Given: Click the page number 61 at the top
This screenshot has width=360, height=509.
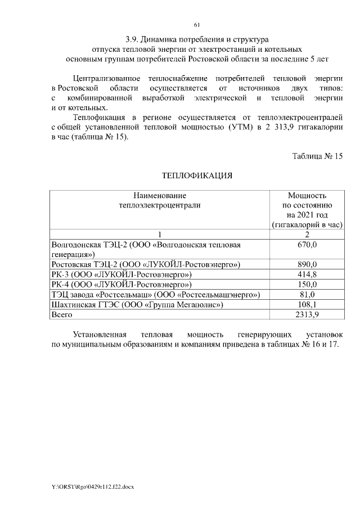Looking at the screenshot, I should pyautogui.click(x=196, y=25).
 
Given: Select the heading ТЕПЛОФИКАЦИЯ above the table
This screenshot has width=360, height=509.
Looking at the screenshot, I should pyautogui.click(x=197, y=175).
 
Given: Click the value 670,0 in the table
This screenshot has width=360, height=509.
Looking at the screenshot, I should pyautogui.click(x=307, y=245).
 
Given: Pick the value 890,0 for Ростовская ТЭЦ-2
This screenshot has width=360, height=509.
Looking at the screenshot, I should pyautogui.click(x=307, y=264).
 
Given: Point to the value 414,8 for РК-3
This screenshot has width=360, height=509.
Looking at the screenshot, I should pyautogui.click(x=307, y=274).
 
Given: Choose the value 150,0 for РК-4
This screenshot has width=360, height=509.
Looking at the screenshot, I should pyautogui.click(x=307, y=285).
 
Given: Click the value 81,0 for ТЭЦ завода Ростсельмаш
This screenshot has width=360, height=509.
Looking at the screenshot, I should pyautogui.click(x=307, y=295).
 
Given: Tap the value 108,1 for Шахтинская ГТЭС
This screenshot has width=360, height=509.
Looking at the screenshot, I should pyautogui.click(x=307, y=305).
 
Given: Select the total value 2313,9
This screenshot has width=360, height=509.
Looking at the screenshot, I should pyautogui.click(x=307, y=315).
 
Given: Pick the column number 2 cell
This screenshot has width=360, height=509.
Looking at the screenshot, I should pyautogui.click(x=307, y=235).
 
